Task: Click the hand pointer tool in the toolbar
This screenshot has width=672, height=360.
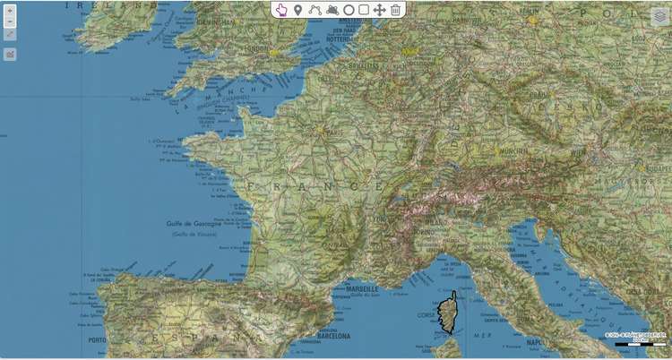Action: click(281, 10)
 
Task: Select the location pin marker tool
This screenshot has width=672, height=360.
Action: click(297, 10)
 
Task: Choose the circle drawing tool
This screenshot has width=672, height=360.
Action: click(348, 10)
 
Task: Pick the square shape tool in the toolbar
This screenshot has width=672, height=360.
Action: click(364, 10)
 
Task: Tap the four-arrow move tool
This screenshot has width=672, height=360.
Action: click(379, 10)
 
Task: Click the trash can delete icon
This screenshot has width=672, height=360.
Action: click(395, 10)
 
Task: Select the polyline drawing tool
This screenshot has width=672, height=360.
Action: click(314, 10)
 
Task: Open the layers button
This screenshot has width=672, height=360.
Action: click(660, 16)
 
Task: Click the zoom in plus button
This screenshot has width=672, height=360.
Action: click(10, 12)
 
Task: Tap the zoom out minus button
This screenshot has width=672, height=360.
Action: click(10, 21)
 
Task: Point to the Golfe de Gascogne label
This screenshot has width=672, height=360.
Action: click(193, 224)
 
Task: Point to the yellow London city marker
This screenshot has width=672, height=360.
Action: click(272, 54)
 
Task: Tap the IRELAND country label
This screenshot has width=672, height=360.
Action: click(99, 4)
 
